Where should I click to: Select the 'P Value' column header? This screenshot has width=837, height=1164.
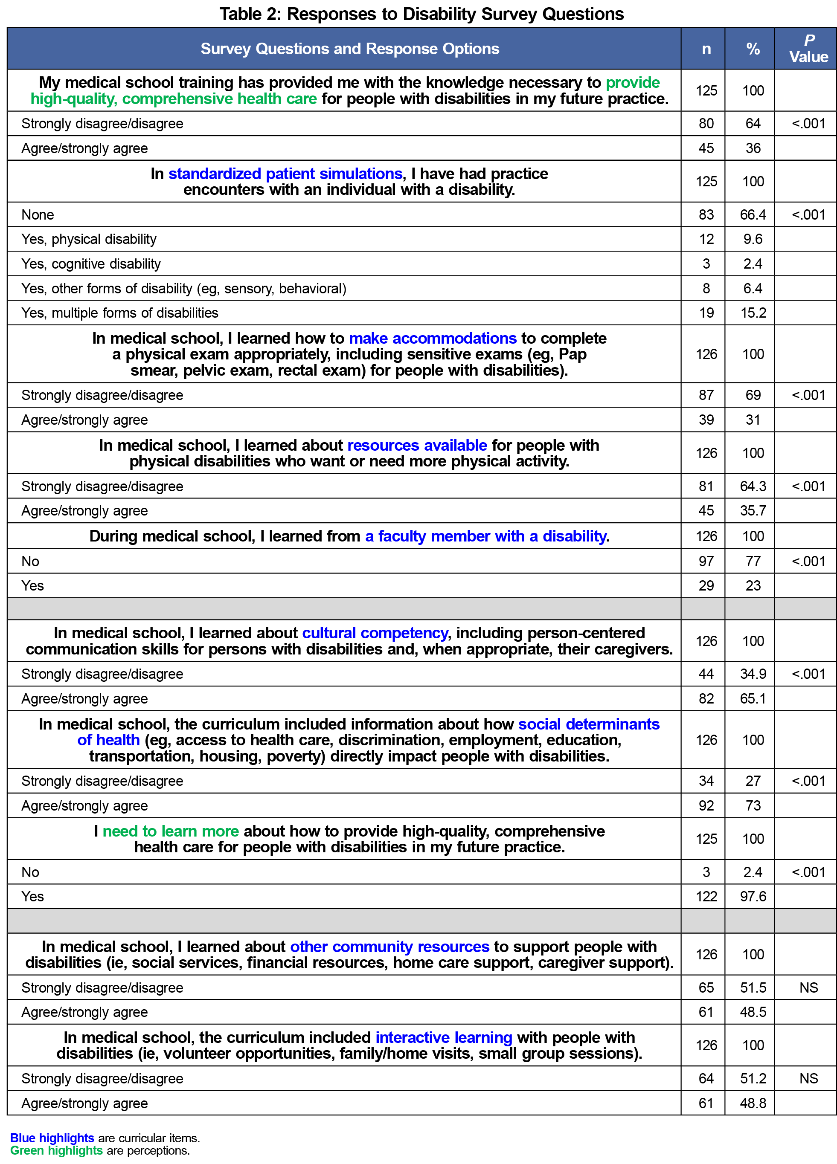point(808,49)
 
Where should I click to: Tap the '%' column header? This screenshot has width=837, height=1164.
point(753,49)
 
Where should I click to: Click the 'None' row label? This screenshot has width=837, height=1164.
point(38,214)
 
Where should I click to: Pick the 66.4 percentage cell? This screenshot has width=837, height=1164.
point(753,214)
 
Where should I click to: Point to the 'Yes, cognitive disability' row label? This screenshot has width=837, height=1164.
point(91,264)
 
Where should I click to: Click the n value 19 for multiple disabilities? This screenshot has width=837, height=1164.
point(706,313)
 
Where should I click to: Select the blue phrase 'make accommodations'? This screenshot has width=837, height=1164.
point(432,338)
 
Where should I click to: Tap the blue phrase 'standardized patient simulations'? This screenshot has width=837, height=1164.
point(285,174)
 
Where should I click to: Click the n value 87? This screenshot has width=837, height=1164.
point(706,395)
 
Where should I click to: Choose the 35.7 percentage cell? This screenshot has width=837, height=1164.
point(753,511)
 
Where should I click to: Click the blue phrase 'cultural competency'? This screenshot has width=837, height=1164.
point(375,633)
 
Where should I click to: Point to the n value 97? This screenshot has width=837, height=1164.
point(706,561)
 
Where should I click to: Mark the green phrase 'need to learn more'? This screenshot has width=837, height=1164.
point(171,831)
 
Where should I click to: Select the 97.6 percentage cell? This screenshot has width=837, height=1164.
point(753,896)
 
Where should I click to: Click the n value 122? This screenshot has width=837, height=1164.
point(706,896)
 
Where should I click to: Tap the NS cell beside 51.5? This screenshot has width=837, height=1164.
point(808,987)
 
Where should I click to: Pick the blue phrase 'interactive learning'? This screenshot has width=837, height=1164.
point(444,1037)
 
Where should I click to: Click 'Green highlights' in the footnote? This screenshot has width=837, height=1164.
point(56,1150)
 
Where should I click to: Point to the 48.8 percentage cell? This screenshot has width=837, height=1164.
point(753,1103)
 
